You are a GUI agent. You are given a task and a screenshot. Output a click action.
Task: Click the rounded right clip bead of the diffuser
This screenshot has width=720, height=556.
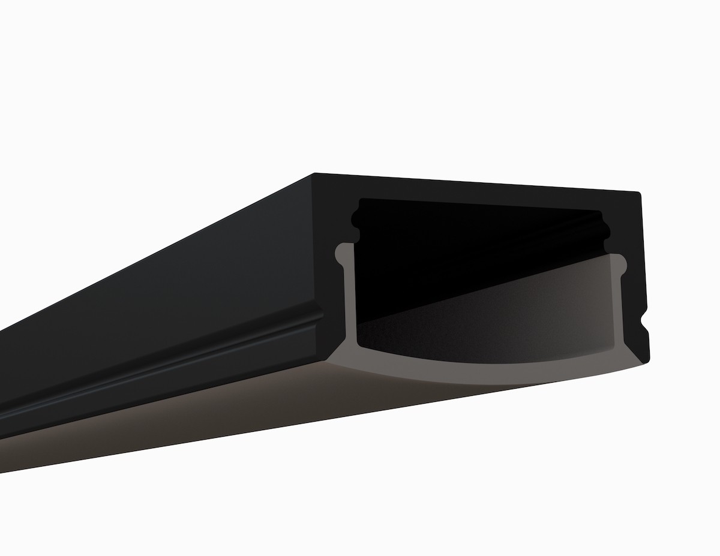coord(619,263)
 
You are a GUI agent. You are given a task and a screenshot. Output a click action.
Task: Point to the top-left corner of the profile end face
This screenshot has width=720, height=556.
coord(314,175)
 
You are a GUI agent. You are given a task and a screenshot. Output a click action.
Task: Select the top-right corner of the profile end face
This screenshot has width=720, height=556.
coord(640,193)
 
